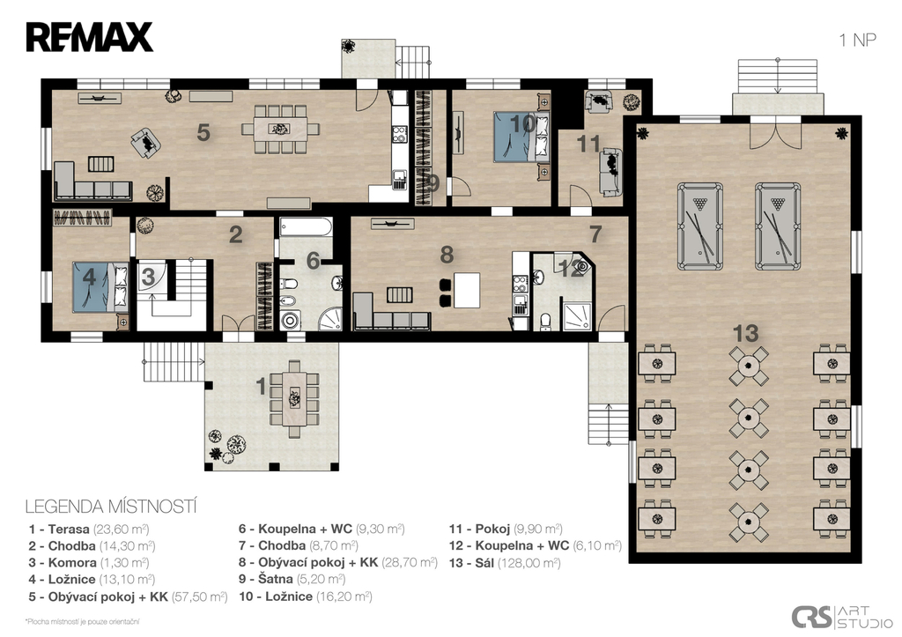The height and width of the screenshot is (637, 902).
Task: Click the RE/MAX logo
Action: [x=89, y=37]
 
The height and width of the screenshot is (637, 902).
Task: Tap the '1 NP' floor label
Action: [x=857, y=41]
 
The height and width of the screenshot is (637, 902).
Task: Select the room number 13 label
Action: [x=745, y=333]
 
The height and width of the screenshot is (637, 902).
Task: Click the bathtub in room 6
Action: [x=306, y=227]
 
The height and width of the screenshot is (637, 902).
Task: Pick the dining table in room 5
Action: [x=280, y=129]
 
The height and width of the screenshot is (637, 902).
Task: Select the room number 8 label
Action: [x=447, y=255]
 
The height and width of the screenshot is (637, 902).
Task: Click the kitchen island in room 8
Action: [x=467, y=291]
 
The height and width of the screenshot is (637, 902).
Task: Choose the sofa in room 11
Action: [x=610, y=171]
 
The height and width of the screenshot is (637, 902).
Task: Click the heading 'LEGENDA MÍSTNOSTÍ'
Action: [x=111, y=507]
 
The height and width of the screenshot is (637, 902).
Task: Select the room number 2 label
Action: [x=235, y=234]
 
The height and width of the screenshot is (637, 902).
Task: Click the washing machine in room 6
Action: [x=291, y=320]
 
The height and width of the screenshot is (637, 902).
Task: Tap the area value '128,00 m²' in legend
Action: [x=529, y=563]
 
